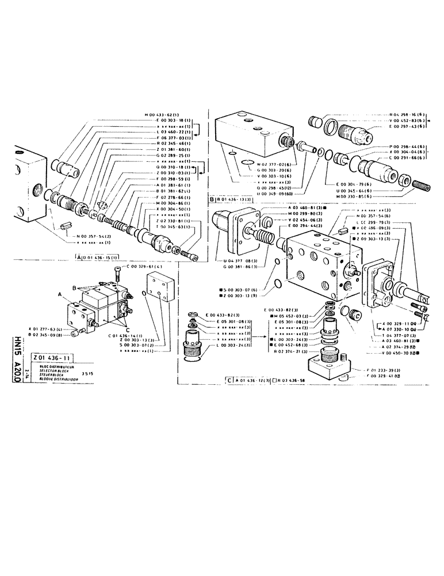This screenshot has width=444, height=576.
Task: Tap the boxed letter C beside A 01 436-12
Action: click(x=229, y=381)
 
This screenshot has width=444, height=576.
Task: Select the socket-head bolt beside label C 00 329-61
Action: click(x=117, y=270)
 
